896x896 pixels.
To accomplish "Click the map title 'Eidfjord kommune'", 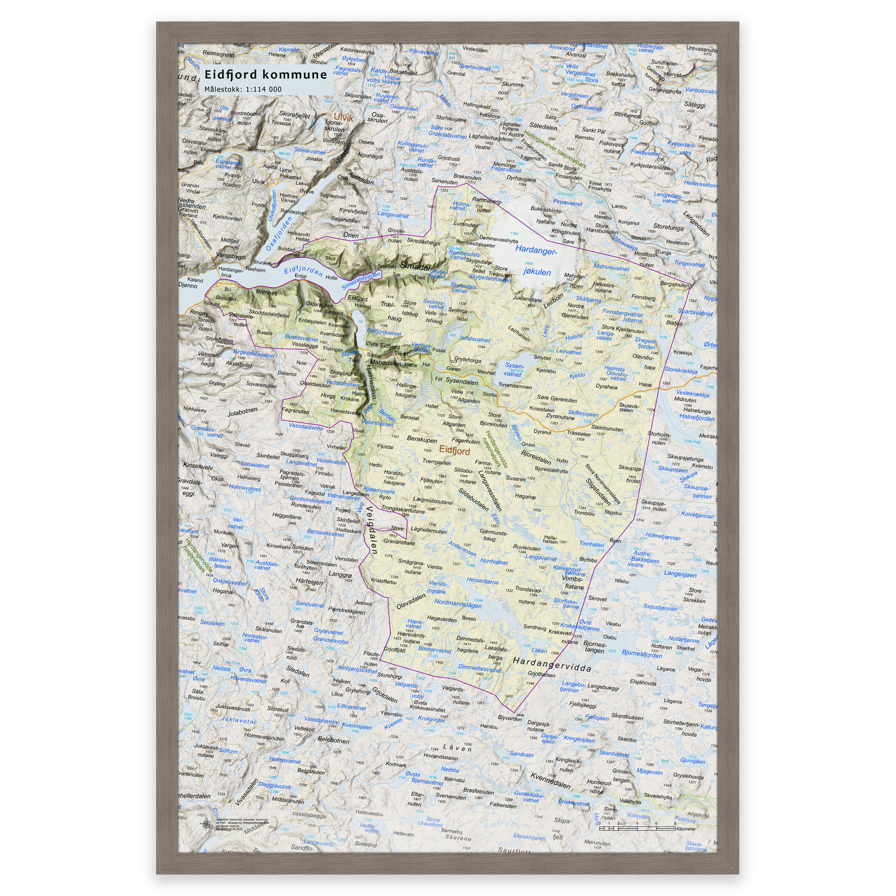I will [266, 75].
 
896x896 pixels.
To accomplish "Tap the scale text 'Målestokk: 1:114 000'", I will [243, 89].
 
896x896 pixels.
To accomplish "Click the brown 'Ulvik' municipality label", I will [343, 118].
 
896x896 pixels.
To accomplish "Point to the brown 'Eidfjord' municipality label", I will [455, 451].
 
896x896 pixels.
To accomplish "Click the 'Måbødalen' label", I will [385, 363].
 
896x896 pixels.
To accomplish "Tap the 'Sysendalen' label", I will [462, 381].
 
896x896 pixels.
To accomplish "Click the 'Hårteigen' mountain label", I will [309, 581].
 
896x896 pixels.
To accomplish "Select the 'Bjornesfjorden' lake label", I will [642, 654].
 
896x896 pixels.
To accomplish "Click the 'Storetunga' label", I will [668, 227].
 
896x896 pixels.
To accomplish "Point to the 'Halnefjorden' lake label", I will [696, 417].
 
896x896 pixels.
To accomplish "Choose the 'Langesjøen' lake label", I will [680, 574].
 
